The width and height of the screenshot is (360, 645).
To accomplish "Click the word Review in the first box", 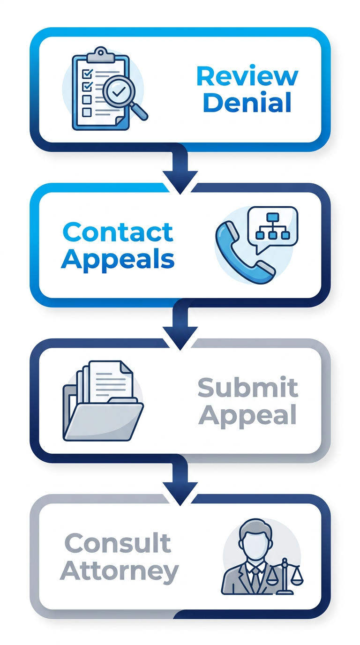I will (x=247, y=76).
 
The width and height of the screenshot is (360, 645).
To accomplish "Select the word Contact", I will (x=118, y=232).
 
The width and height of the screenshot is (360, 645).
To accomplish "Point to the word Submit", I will (x=247, y=388).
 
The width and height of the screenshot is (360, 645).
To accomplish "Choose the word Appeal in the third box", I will (x=247, y=414).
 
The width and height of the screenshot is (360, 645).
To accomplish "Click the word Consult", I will (x=118, y=543).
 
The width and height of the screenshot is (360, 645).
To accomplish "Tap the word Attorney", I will (x=120, y=571).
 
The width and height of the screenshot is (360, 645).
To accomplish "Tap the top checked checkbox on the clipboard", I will (x=87, y=74).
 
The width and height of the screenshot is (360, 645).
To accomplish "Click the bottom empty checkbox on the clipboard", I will (x=87, y=112).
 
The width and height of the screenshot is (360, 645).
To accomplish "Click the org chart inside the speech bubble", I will (x=272, y=224).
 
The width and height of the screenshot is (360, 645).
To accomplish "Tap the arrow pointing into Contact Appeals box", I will (x=180, y=173).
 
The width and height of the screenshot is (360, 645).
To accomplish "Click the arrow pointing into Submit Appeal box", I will (x=180, y=329).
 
